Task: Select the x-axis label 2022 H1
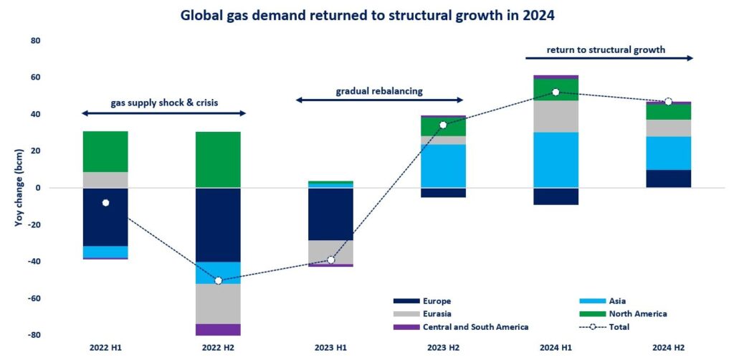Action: (105, 348)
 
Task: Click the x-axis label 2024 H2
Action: (668, 348)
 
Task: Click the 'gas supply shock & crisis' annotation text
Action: (164, 103)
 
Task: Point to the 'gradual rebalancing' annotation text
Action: (380, 91)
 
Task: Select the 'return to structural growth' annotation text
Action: (606, 50)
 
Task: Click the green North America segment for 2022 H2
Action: (218, 159)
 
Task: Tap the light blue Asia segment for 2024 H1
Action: (556, 159)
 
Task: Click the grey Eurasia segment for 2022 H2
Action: (218, 303)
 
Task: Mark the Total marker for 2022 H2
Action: (218, 280)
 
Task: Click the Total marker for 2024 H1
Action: (556, 92)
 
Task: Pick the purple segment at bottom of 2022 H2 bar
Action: (218, 329)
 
